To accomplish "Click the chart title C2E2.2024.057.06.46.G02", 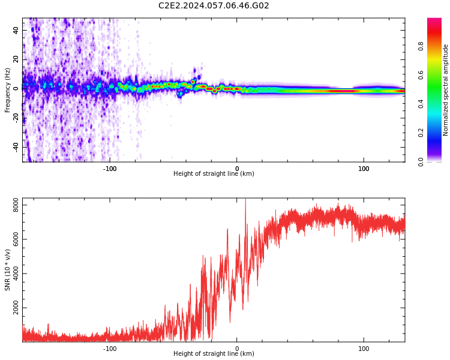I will point(214,5).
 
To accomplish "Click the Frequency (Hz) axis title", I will point(8,90).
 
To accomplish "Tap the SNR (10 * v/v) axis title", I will point(8,270).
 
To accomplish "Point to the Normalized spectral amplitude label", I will point(446,90).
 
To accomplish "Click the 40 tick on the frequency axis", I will point(16,30).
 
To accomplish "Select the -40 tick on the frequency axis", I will point(16,146).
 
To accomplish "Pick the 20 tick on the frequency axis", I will point(16,59).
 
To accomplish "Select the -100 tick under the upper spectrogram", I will point(110,169).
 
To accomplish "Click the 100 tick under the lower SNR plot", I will point(364,349).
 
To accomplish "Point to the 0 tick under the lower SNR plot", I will point(237,349).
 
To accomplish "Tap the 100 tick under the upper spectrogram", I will point(364,169).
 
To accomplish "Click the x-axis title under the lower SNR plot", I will point(214,354).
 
